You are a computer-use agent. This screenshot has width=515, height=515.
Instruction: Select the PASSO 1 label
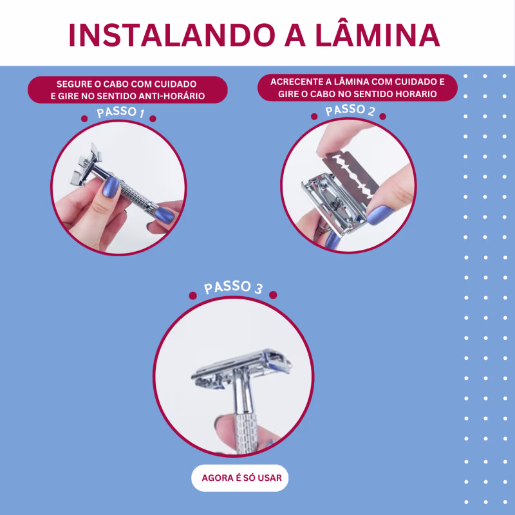[120, 112]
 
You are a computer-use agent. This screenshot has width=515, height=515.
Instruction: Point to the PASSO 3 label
[233, 288]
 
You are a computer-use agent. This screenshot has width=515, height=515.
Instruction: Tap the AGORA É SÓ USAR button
[240, 478]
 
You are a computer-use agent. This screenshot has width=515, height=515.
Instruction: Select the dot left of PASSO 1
[84, 119]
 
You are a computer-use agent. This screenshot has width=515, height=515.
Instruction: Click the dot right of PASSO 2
[382, 117]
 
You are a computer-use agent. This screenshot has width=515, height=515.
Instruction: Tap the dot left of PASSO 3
[192, 295]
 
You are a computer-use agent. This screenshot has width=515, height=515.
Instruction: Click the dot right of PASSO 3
[273, 295]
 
